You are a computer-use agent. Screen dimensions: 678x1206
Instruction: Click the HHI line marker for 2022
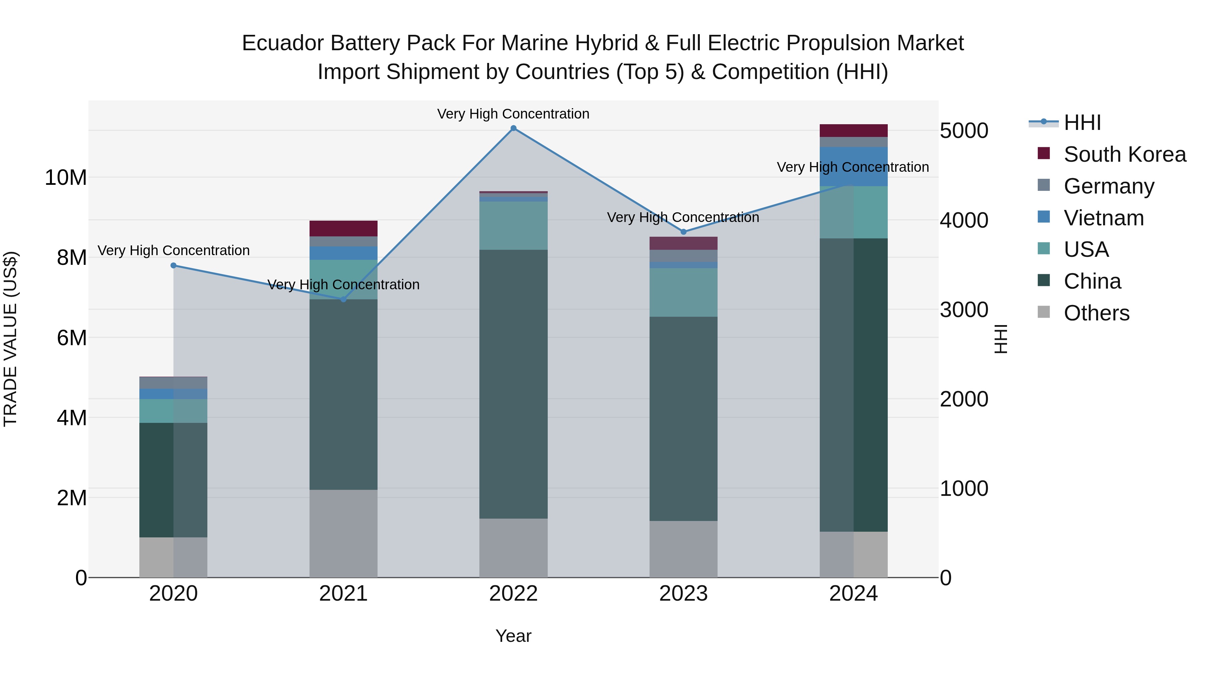click(513, 128)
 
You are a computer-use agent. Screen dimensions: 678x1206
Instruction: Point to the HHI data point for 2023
click(683, 232)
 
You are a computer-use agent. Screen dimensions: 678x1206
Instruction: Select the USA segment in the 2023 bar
click(683, 292)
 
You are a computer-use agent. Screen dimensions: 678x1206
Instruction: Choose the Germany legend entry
click(1109, 186)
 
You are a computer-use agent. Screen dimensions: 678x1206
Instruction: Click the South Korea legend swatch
click(1044, 153)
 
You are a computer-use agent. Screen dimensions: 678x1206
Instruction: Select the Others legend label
click(1096, 313)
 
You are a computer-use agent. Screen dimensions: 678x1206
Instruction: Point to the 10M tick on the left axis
click(66, 178)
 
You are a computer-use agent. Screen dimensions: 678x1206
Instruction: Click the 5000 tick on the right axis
click(963, 131)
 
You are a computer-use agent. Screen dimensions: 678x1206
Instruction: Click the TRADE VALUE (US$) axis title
click(10, 339)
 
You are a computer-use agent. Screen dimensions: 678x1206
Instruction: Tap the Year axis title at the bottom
click(513, 636)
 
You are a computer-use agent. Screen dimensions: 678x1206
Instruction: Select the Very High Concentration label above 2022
click(513, 114)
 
